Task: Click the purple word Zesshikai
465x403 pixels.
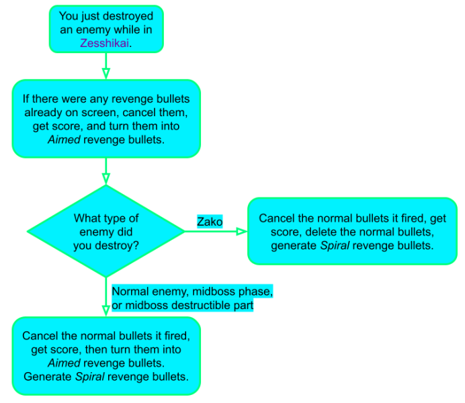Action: coord(104,43)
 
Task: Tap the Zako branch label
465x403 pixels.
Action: coord(210,222)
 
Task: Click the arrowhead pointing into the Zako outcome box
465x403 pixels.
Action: coord(242,232)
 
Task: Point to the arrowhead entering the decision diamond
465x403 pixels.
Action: coord(106,179)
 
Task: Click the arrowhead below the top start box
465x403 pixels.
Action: coord(106,73)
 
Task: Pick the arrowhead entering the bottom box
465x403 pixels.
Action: coord(106,311)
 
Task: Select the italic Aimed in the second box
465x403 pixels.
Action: coord(64,140)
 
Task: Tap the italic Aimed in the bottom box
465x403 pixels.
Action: coord(64,363)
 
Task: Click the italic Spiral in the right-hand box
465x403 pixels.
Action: coord(335,246)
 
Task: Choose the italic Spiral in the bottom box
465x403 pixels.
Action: coord(90,377)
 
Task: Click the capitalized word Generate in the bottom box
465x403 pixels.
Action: coord(48,377)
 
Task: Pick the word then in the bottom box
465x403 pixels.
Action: coord(95,349)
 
